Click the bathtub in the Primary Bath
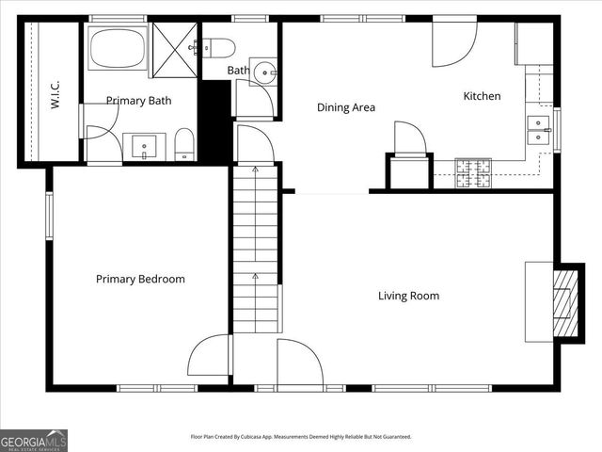pos(117,48)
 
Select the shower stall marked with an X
pos(174,47)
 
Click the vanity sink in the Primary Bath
pos(144,147)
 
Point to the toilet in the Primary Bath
pos(184,145)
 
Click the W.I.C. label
pos(55,94)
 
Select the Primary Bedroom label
pos(140,279)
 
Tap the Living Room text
pos(408,296)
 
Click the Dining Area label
pos(345,107)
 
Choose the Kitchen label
pos(482,96)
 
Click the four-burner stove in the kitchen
pos(474,172)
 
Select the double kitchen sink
pos(539,130)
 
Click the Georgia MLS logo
pos(34,440)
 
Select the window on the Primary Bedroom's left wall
pos(50,216)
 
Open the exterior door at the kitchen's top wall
pos(454,42)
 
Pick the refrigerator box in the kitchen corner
pos(533,42)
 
